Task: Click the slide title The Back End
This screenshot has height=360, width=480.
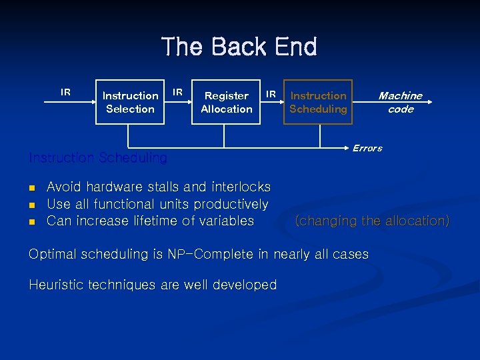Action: click(x=239, y=47)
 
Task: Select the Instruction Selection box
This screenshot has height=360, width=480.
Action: click(x=130, y=102)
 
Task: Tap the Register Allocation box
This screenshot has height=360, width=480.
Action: click(x=227, y=102)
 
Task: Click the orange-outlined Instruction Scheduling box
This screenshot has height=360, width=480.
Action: click(x=318, y=102)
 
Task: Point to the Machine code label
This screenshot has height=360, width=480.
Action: click(x=400, y=102)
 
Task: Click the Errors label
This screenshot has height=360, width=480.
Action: click(x=367, y=148)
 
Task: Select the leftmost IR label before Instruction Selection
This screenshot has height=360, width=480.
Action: click(x=65, y=92)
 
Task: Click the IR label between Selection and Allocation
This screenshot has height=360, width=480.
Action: click(x=178, y=91)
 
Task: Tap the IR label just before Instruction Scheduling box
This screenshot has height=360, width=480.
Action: click(x=271, y=95)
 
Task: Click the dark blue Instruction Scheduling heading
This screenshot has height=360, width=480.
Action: click(x=98, y=158)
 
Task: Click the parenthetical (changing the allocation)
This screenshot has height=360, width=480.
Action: click(x=372, y=221)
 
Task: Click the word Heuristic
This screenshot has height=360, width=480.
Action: click(x=55, y=285)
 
